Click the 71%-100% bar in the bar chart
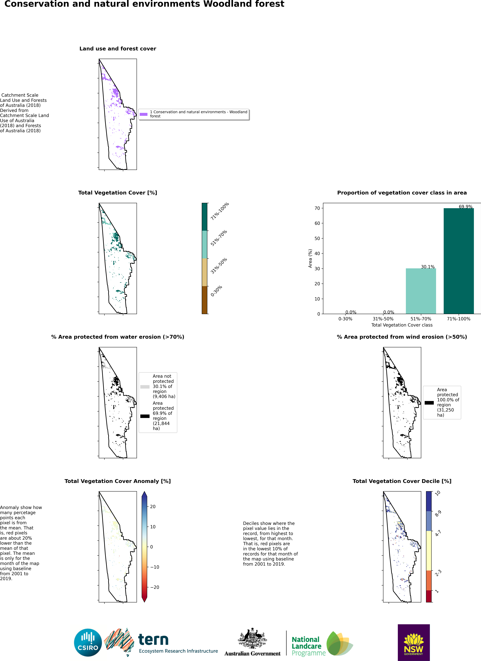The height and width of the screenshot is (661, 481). point(459,261)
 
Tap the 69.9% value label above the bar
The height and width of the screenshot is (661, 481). point(466,207)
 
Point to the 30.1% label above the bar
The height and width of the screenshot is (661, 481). point(428,267)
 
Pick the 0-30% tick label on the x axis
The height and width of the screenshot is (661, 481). point(345,319)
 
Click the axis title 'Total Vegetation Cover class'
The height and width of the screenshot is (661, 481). point(402,325)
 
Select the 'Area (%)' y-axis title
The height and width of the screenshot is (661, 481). point(310,258)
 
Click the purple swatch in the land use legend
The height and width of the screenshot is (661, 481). point(144,114)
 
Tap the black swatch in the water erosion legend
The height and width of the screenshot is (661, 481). point(145,416)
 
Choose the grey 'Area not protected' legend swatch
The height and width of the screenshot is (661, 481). point(145,387)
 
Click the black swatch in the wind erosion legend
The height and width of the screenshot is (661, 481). point(429,403)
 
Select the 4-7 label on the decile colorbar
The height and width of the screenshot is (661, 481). point(438,533)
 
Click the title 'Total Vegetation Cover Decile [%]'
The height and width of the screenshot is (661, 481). point(402,481)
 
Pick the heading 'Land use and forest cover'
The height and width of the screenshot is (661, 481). point(118,49)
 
